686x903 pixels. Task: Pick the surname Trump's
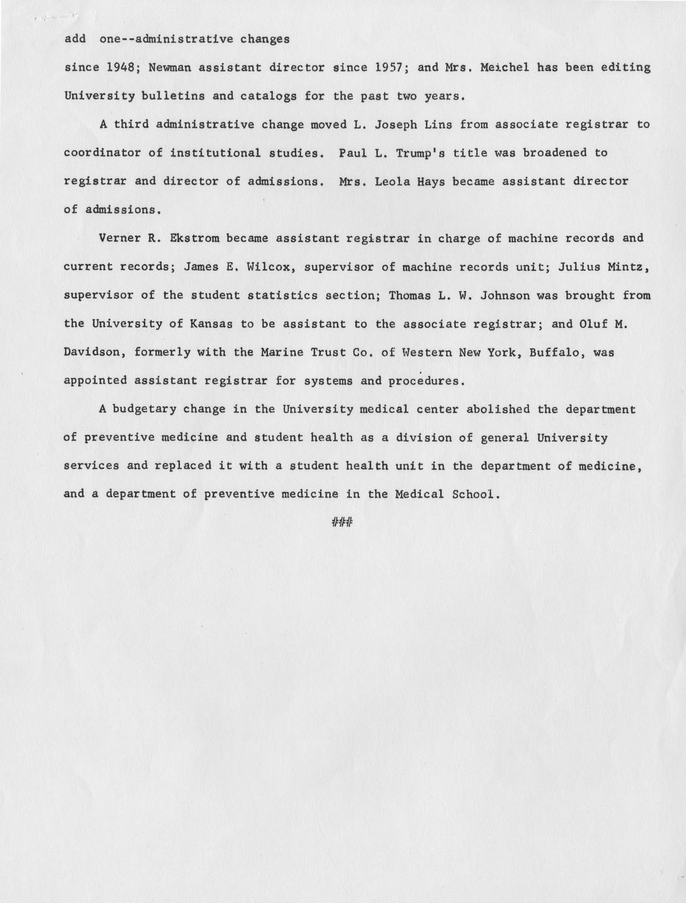pyautogui.click(x=419, y=153)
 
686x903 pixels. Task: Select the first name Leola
pyautogui.click(x=394, y=181)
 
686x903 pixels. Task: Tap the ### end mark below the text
pyautogui.click(x=342, y=522)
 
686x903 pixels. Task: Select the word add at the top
pyautogui.click(x=75, y=39)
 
